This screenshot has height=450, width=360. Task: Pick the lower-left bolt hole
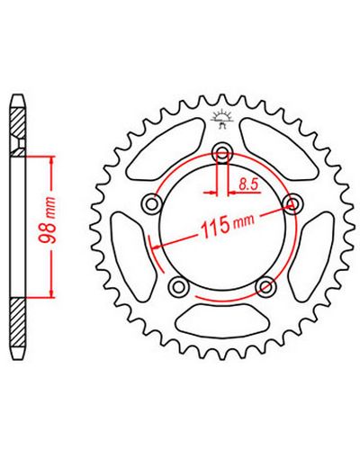(179, 286)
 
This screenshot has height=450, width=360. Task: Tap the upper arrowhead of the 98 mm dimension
(53, 160)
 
